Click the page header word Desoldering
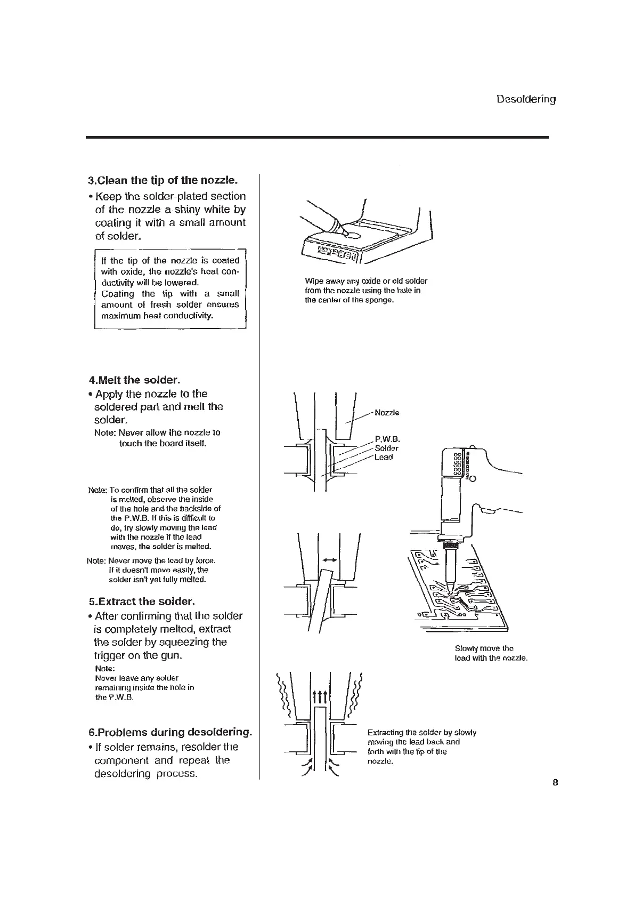(526, 99)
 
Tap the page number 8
(555, 783)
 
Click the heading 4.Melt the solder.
(135, 380)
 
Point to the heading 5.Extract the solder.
(142, 602)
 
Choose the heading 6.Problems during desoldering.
(170, 732)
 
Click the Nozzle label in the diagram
(387, 413)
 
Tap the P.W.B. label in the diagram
(387, 439)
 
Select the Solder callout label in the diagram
(386, 448)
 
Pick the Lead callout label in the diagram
(384, 457)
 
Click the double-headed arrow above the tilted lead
(329, 560)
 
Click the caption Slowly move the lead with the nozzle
(491, 653)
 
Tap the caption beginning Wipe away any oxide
(366, 291)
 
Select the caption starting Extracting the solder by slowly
(421, 747)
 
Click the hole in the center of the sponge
(353, 234)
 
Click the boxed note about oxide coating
(170, 288)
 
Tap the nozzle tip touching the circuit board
(451, 591)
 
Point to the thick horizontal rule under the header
(317, 138)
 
